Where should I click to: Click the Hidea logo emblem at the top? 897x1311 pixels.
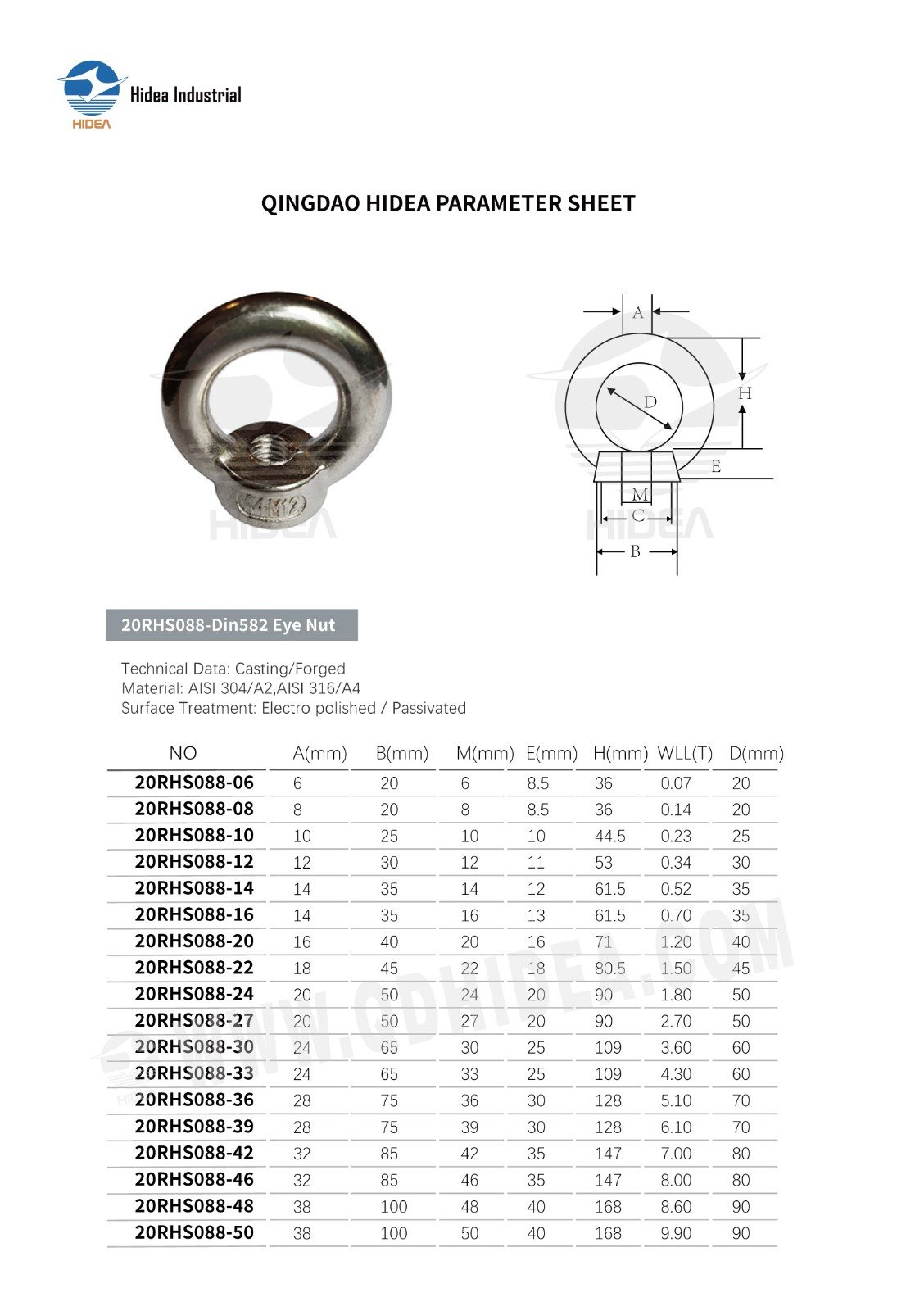point(90,90)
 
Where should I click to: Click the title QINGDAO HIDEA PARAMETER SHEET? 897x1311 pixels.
point(448,203)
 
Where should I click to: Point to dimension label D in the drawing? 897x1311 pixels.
point(650,401)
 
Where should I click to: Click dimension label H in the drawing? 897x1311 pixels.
point(744,393)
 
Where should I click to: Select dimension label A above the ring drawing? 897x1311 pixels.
point(638,312)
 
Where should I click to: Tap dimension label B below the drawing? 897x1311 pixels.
point(635,551)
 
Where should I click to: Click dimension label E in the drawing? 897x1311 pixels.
point(716,466)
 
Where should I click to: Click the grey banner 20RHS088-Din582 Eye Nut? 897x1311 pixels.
point(232,625)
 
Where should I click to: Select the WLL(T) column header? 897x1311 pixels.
point(685,753)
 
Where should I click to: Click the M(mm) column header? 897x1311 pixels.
point(485,753)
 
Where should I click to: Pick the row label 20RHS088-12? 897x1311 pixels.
point(194,862)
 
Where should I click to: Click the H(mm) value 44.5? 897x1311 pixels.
point(609,836)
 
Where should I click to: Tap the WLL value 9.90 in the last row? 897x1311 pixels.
point(676,1233)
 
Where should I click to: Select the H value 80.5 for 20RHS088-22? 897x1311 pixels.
point(609,969)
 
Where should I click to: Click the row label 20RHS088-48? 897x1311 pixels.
point(194,1206)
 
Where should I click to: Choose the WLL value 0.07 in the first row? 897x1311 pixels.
point(676,783)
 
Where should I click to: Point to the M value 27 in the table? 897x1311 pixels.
point(469,1021)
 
